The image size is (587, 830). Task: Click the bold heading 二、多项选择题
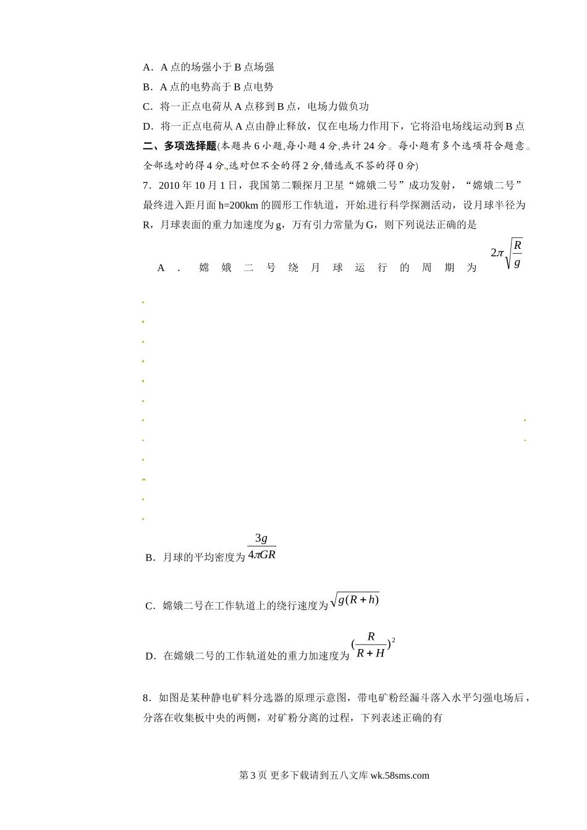179,146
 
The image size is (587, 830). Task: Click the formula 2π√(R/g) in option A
507,253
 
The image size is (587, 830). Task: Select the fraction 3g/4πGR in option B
261,547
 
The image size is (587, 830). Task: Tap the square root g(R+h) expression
355,600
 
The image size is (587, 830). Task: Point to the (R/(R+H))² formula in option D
373,645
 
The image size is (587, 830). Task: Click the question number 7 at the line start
146,185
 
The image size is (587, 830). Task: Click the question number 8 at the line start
146,698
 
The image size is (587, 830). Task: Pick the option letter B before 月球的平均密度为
150,558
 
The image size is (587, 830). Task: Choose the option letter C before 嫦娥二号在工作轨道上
150,606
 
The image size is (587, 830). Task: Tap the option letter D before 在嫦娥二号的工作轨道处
150,656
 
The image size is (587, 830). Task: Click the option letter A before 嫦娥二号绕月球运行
161,268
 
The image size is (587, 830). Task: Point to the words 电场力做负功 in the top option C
338,106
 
